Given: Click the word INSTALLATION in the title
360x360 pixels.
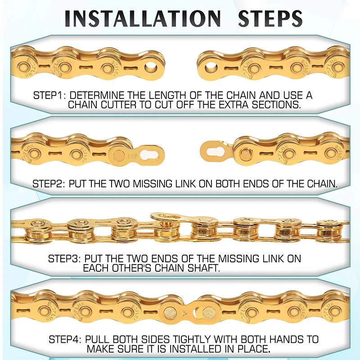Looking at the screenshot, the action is (x=143, y=18).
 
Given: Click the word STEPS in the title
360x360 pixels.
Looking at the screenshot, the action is (x=270, y=18).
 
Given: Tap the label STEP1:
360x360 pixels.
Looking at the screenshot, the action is (x=48, y=95).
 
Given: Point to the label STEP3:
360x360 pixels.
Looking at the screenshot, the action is (x=64, y=258).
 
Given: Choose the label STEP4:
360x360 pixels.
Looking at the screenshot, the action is (x=65, y=339).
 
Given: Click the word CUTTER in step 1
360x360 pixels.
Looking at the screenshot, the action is (x=119, y=104).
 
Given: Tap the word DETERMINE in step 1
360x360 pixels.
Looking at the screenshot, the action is (x=97, y=95).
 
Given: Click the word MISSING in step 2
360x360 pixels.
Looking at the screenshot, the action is (x=153, y=184).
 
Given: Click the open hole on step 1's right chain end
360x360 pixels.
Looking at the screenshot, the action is (x=210, y=67).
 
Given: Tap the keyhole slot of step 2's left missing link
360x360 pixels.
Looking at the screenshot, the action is (x=149, y=154).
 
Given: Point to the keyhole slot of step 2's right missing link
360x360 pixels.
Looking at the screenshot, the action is (x=216, y=152).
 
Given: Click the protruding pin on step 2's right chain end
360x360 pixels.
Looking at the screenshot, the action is (x=245, y=154).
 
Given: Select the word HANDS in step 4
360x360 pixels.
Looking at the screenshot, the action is (x=287, y=339).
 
